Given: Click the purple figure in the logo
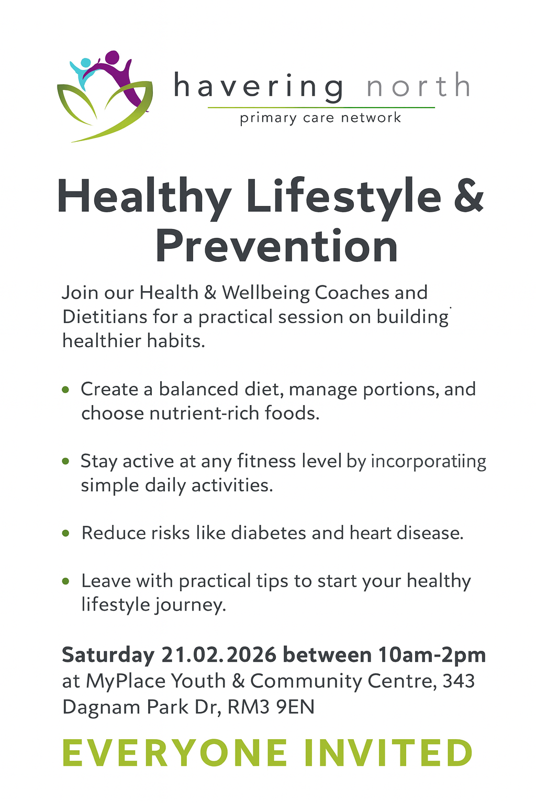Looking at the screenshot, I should [x=116, y=73].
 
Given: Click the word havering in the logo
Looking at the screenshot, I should [x=259, y=86].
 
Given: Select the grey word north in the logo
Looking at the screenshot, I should [x=418, y=86].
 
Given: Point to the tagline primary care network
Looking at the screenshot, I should [x=320, y=118].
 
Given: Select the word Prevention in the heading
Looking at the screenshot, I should [x=276, y=247].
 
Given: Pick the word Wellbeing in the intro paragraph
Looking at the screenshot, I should [x=266, y=293].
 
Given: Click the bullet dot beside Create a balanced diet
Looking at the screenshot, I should [x=65, y=389].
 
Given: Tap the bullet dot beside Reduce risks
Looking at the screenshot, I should [x=65, y=533].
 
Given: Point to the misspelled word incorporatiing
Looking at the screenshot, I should [x=428, y=462].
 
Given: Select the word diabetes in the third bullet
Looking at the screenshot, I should [x=269, y=533].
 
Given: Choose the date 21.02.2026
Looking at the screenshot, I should [x=219, y=655].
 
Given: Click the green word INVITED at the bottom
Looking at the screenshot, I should [x=388, y=753].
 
